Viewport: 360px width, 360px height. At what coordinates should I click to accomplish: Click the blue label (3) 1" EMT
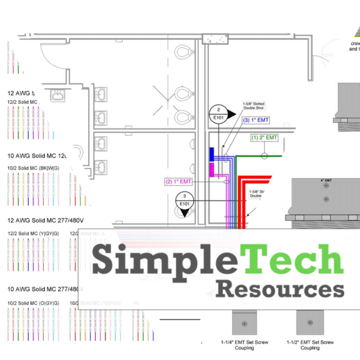(x=256, y=121)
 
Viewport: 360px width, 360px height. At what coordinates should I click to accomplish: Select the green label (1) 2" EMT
(x=264, y=138)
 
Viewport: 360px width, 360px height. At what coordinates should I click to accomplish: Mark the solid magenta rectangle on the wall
(x=212, y=169)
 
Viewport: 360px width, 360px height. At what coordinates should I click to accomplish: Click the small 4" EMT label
(x=326, y=181)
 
